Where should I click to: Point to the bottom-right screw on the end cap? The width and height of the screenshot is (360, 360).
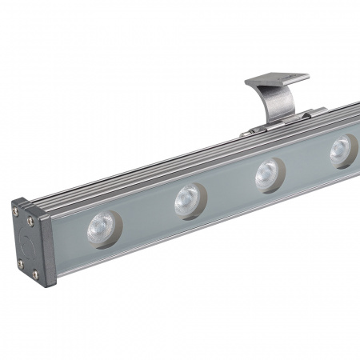point(35,274)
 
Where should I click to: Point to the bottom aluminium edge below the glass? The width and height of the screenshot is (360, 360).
point(200,233)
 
